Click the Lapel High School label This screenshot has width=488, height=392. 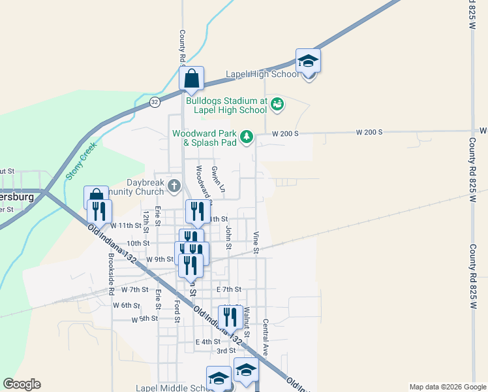pos(262,74)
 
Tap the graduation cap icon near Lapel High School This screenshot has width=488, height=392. pos(308,62)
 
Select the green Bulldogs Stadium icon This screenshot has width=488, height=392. pos(277,103)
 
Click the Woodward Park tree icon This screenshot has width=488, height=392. pos(247,137)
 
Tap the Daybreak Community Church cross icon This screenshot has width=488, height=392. pos(174,186)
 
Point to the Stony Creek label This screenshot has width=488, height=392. pos(82,160)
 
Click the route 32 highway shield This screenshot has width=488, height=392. pos(155,102)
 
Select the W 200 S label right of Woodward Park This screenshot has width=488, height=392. pos(285,133)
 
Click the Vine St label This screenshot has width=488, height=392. pos(256,242)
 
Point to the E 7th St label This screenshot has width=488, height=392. pos(229,289)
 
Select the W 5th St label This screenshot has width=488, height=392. pos(144,319)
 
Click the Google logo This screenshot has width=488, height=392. pos(22,384)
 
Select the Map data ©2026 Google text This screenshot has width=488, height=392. pos(447,387)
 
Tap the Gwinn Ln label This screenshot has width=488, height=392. pos(218,178)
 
